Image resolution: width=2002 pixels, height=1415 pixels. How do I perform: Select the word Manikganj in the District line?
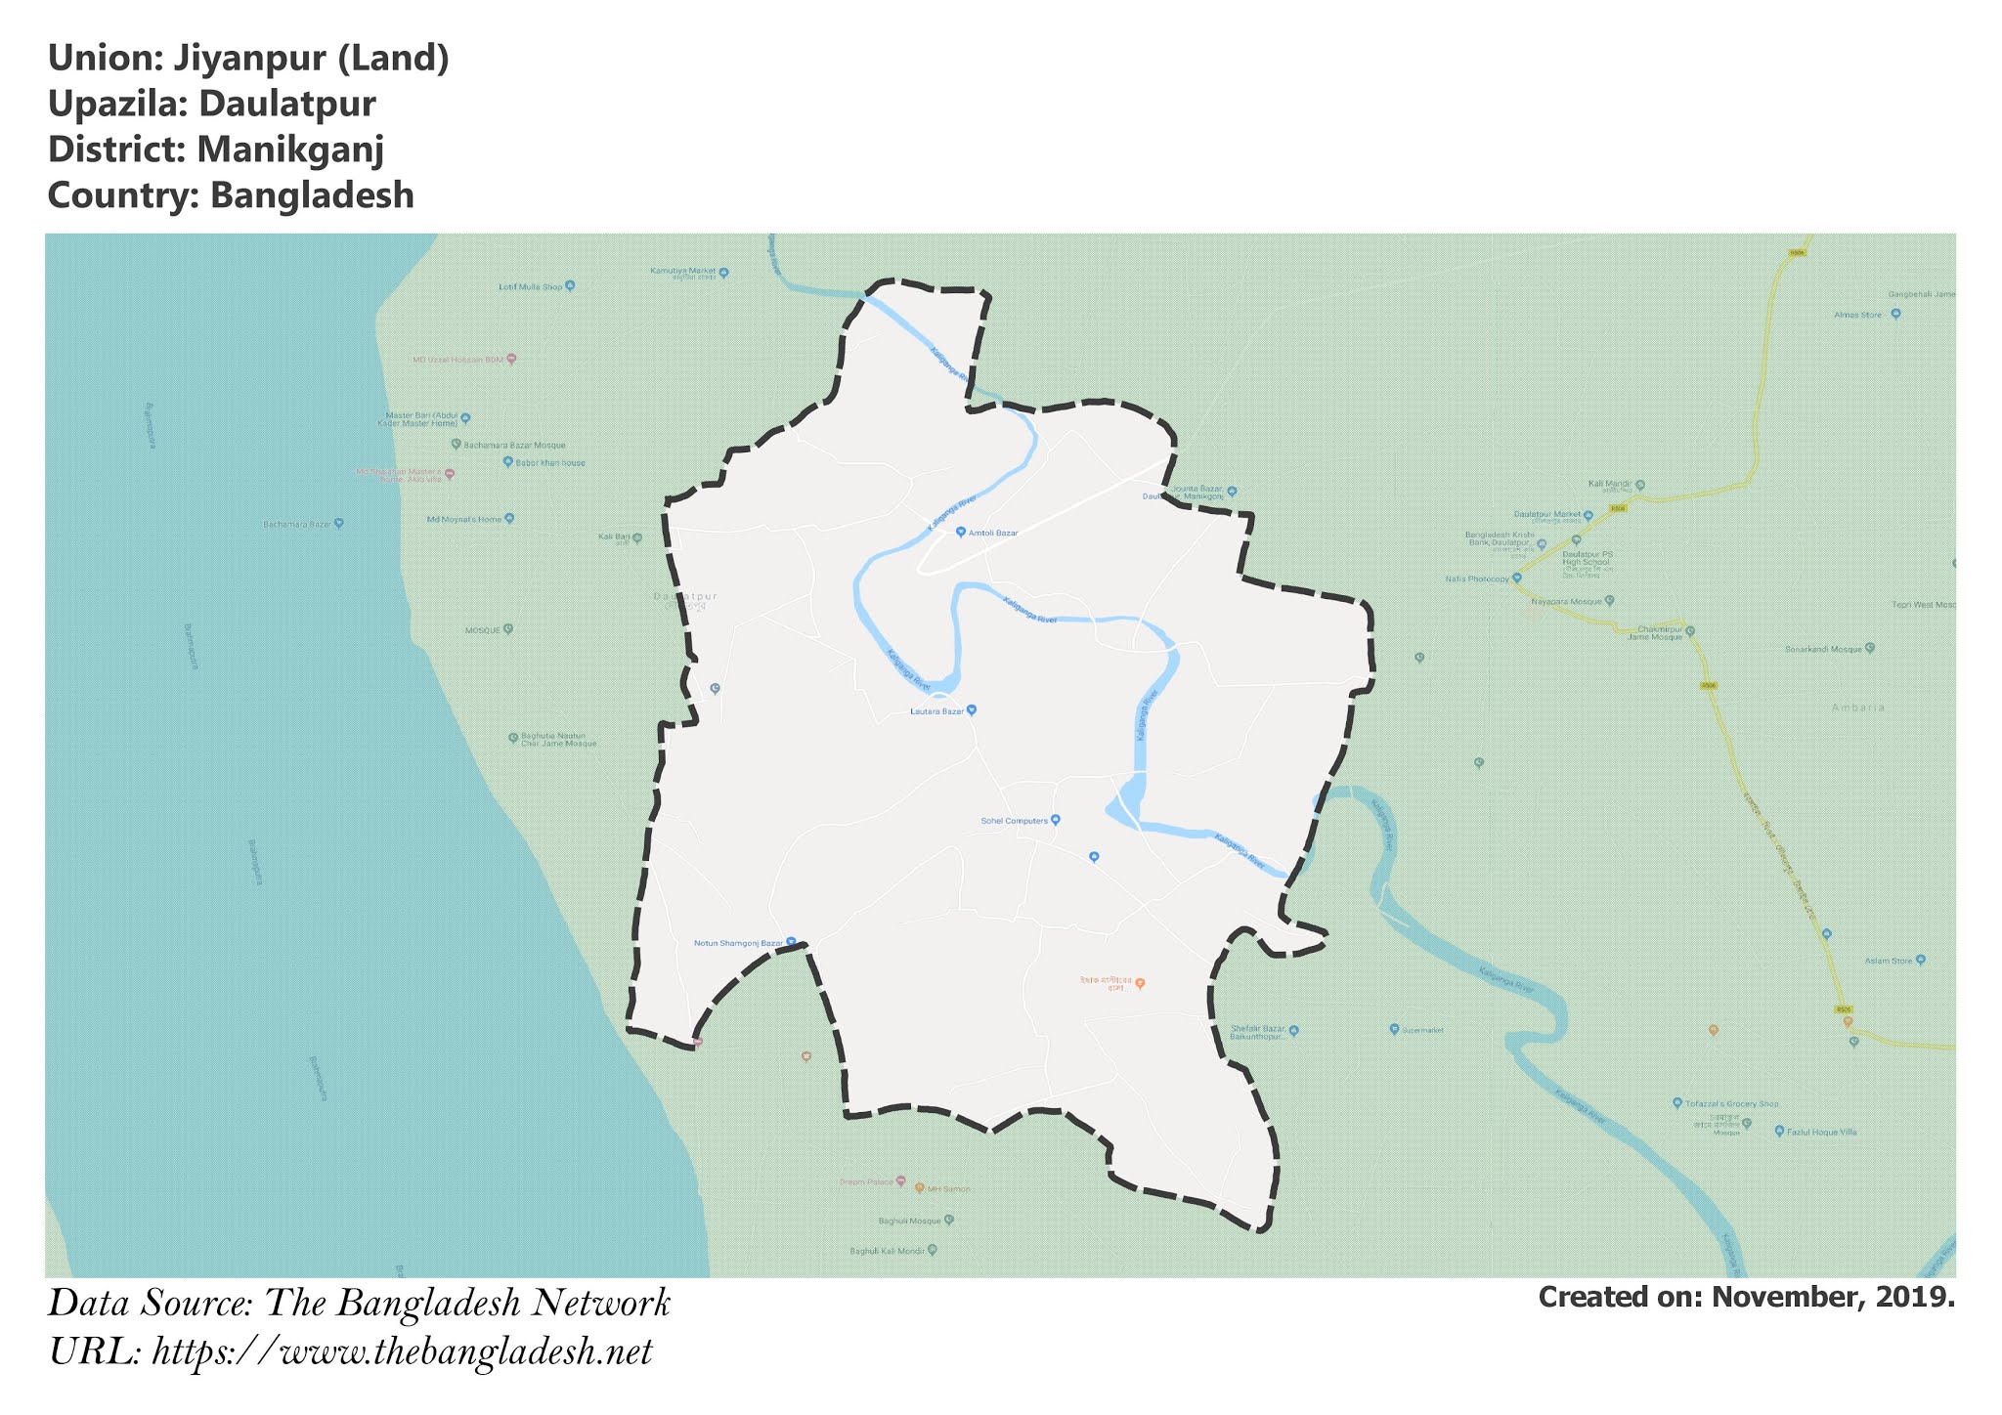289,150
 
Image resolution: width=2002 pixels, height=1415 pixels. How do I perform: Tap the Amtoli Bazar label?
992,533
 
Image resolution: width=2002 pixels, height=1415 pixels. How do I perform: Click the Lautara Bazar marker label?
937,711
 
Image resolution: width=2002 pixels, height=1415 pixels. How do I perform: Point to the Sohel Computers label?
1014,821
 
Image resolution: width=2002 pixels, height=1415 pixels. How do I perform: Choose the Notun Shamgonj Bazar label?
738,943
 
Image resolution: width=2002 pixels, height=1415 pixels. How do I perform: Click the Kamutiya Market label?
683,271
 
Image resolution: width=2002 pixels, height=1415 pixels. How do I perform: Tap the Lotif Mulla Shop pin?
570,286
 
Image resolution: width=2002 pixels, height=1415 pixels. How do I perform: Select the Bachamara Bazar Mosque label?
514,445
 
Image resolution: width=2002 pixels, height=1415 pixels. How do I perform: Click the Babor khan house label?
550,462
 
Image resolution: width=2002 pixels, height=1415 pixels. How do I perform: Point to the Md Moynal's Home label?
463,519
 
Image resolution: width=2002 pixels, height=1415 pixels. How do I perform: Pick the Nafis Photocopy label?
1477,579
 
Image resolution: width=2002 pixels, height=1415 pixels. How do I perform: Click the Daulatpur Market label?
1546,514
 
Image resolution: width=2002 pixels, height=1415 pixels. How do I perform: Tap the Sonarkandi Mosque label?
1823,649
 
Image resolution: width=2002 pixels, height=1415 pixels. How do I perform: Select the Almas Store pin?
1895,315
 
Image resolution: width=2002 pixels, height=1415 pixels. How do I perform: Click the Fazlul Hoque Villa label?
1821,1132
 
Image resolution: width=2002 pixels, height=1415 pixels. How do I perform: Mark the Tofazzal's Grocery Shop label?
1731,1103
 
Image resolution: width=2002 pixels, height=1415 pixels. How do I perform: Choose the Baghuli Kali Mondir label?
887,1251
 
